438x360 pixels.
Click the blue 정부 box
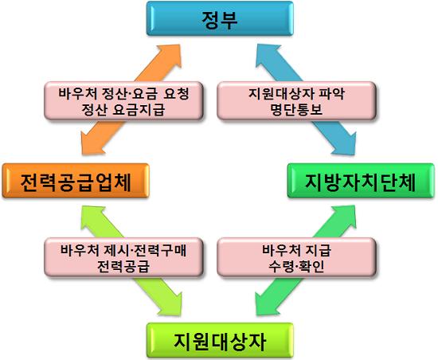pyautogui.click(x=220, y=18)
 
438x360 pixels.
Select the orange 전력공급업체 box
pyautogui.click(x=76, y=181)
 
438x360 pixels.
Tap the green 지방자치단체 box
pyautogui.click(x=361, y=181)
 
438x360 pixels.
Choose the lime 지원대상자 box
pyautogui.click(x=220, y=340)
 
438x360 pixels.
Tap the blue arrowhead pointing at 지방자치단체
pyautogui.click(x=346, y=143)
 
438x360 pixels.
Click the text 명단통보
pyautogui.click(x=296, y=109)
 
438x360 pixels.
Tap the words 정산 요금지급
pyautogui.click(x=123, y=109)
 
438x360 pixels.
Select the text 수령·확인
pyautogui.click(x=296, y=266)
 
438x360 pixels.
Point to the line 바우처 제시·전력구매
pyautogui.click(x=123, y=249)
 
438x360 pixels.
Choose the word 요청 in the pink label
pyautogui.click(x=176, y=93)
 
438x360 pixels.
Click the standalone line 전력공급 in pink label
pyautogui.click(x=123, y=266)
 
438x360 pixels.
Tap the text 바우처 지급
pyautogui.click(x=296, y=249)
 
